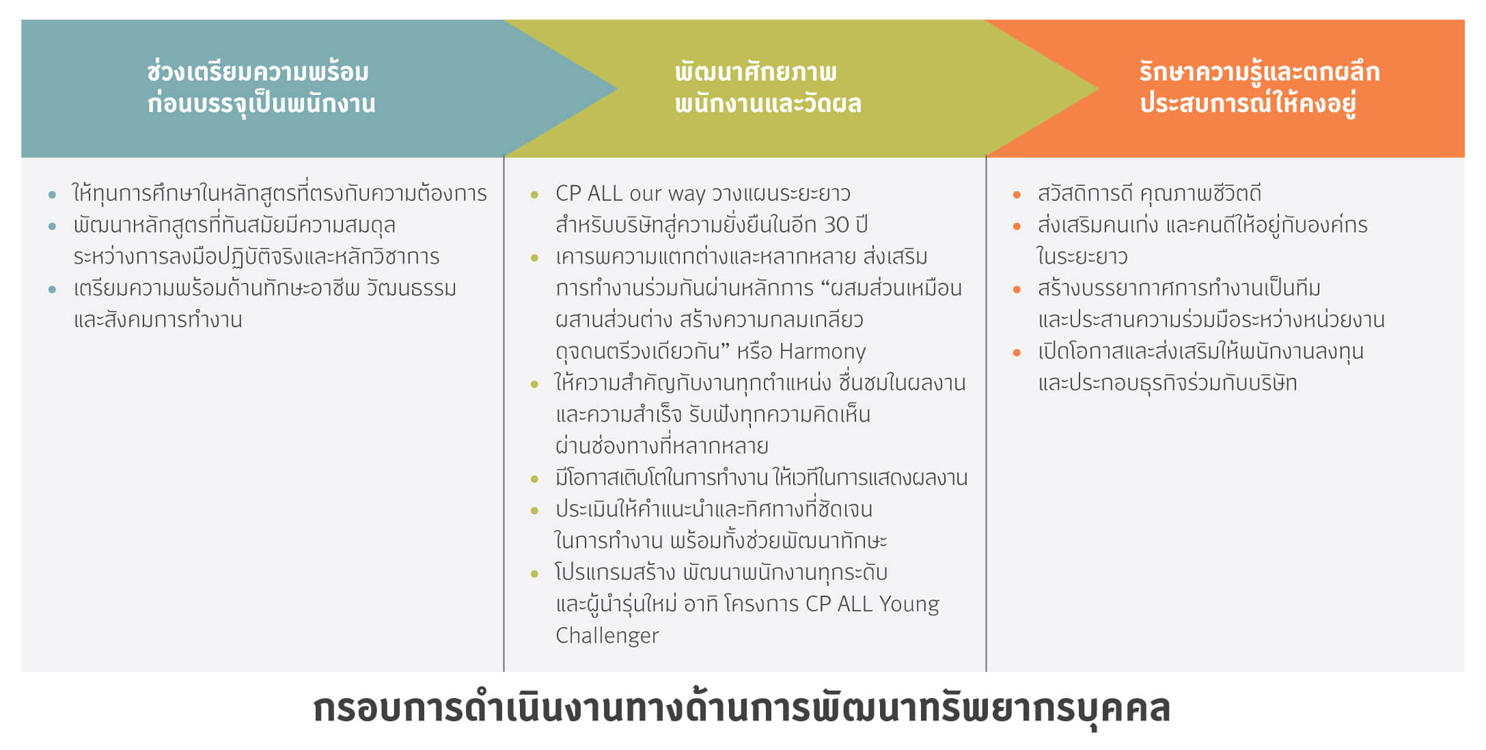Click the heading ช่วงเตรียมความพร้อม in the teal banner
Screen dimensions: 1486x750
coord(258,72)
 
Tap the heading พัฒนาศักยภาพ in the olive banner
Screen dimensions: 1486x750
coord(756,72)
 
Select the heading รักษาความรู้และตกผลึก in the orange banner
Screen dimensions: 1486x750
coord(1259,72)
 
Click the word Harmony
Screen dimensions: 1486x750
coord(823,351)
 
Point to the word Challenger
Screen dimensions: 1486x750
coord(607,636)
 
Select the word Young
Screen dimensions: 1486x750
coord(909,605)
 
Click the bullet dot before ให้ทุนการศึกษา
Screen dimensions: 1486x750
coord(53,195)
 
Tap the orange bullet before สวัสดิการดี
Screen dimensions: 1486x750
coord(1017,195)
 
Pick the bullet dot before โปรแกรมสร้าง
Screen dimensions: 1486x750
coord(534,574)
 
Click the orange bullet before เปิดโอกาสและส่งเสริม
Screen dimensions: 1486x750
coord(1017,352)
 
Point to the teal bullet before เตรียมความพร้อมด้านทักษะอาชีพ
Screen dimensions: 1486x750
coord(53,290)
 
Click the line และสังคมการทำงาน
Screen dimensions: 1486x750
coord(158,320)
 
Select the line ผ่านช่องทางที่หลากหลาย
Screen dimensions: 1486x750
coord(662,446)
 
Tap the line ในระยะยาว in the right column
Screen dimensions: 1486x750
coord(1083,256)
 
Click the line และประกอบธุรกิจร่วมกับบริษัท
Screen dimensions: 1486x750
coord(1168,383)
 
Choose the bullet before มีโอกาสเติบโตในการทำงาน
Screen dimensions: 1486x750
coord(534,479)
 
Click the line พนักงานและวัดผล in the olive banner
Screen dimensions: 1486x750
coord(768,104)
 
